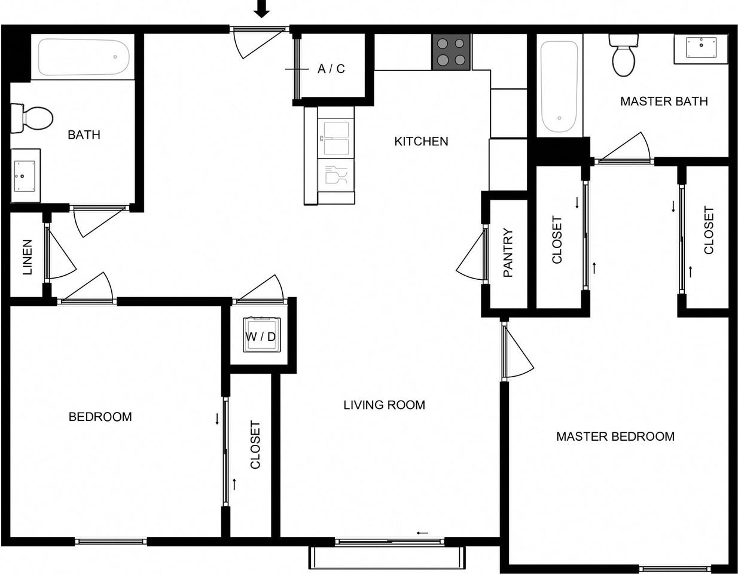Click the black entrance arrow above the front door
tap(262, 8)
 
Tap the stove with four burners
tap(451, 52)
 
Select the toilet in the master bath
tap(624, 55)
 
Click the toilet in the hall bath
tap(32, 118)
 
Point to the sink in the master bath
tap(701, 48)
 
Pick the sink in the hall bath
tap(25, 176)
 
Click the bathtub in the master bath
tap(559, 87)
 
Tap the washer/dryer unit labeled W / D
tap(261, 335)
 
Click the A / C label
tap(331, 69)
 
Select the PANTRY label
tap(508, 252)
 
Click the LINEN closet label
tap(27, 257)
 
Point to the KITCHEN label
tap(421, 141)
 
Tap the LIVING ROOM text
tap(384, 405)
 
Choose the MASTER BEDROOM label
tap(615, 436)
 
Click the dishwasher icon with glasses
tap(336, 176)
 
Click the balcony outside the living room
tap(387, 557)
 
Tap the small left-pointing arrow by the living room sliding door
tap(422, 533)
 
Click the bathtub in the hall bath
tap(84, 57)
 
